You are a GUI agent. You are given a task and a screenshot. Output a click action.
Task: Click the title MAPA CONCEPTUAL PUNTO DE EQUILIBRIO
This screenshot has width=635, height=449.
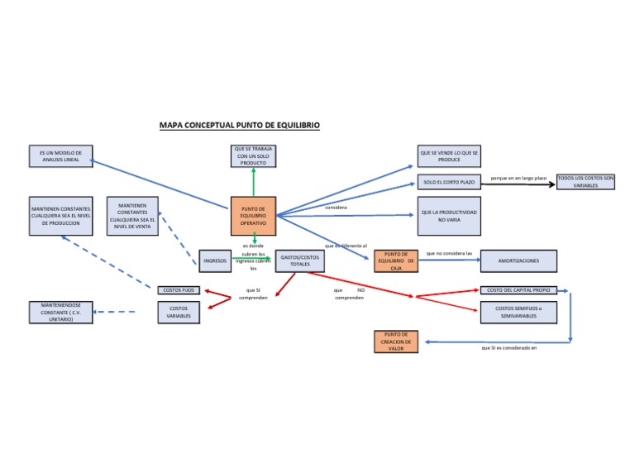(x=239, y=126)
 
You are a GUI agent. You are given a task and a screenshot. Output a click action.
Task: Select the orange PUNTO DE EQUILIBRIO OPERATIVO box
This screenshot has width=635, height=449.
(x=253, y=217)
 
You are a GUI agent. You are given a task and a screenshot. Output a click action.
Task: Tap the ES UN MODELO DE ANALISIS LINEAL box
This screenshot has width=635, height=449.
(x=60, y=156)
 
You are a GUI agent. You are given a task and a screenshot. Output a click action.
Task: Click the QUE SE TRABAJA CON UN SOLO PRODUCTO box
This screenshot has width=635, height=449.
(x=253, y=156)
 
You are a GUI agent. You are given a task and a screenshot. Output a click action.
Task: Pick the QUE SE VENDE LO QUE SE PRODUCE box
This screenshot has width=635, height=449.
(x=449, y=156)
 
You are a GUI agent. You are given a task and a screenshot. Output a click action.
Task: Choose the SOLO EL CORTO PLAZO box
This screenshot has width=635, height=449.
(x=449, y=182)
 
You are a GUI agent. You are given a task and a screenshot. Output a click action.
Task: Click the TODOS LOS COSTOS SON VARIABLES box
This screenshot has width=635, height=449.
(x=586, y=182)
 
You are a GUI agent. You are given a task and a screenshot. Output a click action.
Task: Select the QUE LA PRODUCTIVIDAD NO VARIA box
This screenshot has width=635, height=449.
(x=449, y=216)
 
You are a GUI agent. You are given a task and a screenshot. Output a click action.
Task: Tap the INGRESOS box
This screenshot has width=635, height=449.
(x=215, y=260)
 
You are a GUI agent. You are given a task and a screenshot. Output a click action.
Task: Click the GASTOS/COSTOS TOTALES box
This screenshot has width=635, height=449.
(x=299, y=260)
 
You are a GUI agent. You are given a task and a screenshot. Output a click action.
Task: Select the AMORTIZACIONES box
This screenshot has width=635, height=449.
(x=518, y=260)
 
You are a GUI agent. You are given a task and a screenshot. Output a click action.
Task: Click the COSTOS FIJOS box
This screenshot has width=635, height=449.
(x=179, y=290)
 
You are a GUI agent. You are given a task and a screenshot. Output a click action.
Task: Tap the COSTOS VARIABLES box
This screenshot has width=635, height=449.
(x=179, y=313)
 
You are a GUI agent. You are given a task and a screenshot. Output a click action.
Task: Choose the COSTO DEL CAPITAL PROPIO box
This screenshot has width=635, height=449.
(x=518, y=290)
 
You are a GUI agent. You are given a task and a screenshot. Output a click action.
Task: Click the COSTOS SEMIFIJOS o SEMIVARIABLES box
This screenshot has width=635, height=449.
(x=518, y=313)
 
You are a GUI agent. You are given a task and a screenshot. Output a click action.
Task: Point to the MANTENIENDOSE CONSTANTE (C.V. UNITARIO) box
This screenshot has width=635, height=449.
(x=60, y=313)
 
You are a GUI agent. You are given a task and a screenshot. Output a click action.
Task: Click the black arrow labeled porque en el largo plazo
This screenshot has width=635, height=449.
(x=529, y=184)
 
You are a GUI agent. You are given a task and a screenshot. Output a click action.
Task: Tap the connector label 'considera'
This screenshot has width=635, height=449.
(x=336, y=208)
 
